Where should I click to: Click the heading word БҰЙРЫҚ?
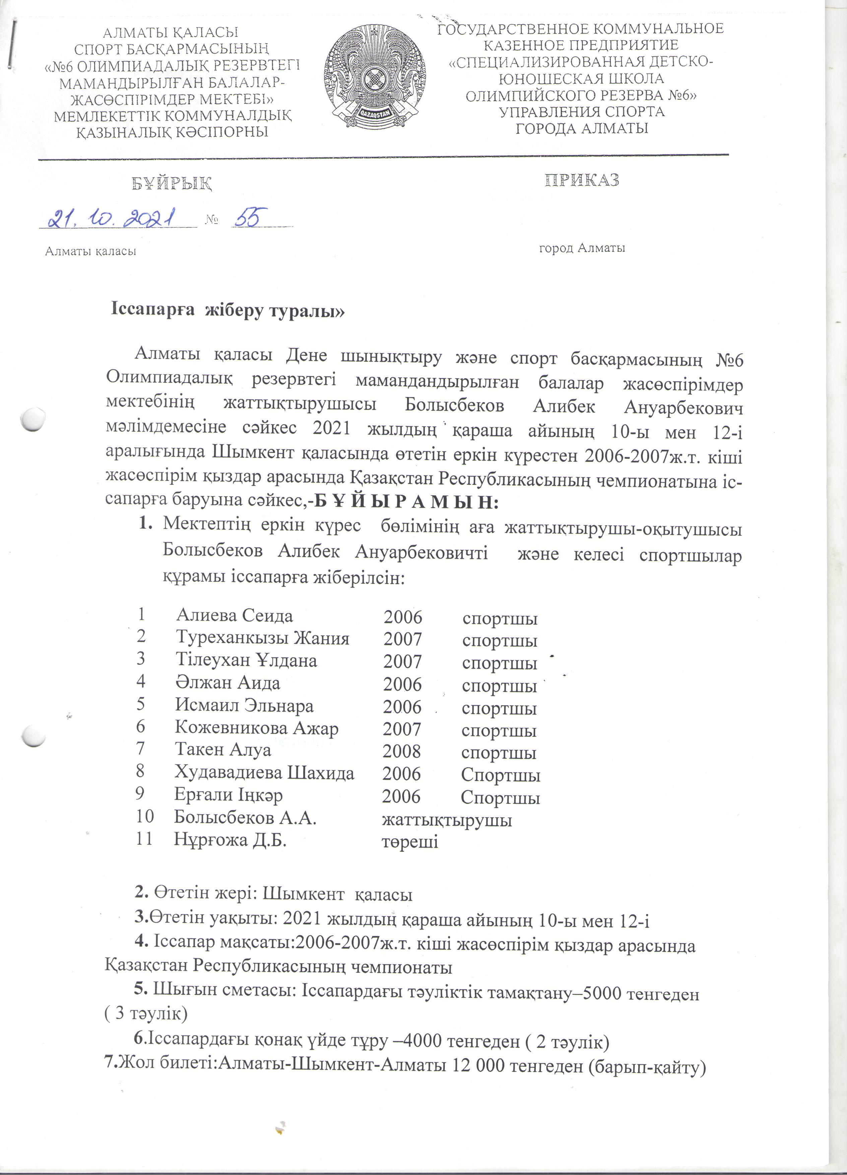tap(172, 183)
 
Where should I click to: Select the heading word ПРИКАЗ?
tap(582, 180)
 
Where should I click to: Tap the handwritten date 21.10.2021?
tap(111, 219)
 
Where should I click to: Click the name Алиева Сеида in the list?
tap(234, 615)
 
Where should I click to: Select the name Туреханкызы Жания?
tap(262, 638)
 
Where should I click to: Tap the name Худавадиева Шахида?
tap(264, 773)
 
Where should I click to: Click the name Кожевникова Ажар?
tap(256, 728)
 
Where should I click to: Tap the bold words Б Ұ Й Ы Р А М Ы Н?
tap(407, 502)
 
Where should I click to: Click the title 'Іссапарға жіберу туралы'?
tap(228, 311)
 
